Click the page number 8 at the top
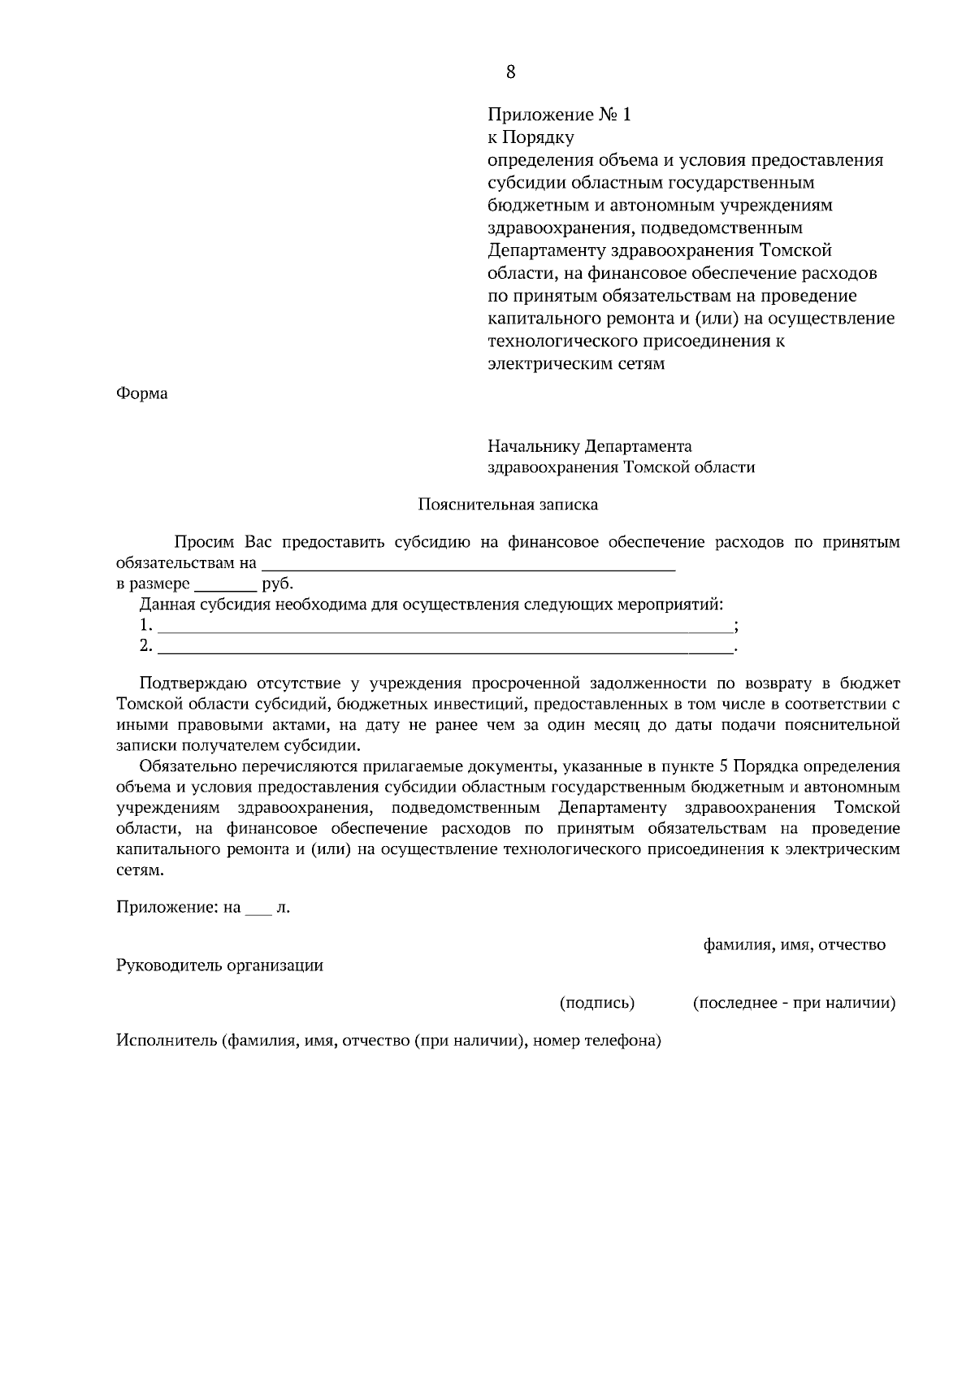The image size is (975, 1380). point(510,72)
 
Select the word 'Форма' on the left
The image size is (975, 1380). point(142,394)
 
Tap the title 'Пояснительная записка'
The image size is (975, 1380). point(508,505)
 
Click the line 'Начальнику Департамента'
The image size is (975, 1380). point(589,446)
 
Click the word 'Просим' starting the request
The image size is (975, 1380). point(202,542)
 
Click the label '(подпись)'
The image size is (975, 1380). point(597,1003)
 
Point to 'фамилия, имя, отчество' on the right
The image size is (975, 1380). point(794,944)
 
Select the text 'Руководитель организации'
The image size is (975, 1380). point(220,966)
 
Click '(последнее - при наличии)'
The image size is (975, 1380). point(794,1003)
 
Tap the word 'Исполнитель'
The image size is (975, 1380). point(166,1040)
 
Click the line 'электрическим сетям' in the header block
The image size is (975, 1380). point(576,363)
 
